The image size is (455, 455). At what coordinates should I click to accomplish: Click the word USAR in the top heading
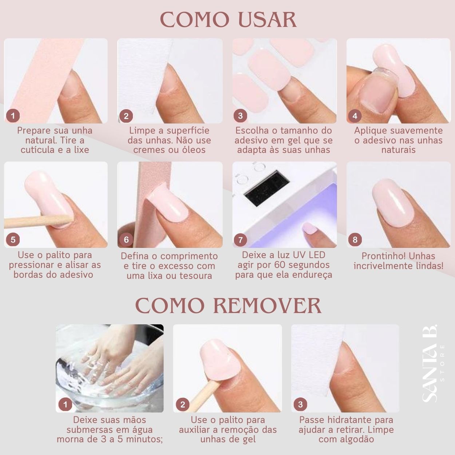click(x=267, y=20)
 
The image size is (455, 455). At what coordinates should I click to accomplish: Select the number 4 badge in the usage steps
click(x=355, y=116)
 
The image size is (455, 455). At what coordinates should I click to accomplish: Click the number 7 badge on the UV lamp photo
click(x=240, y=240)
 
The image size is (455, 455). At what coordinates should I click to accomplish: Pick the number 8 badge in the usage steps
click(x=355, y=240)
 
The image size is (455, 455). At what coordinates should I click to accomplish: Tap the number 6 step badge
click(x=126, y=240)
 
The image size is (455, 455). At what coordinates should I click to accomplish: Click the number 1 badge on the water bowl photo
click(x=65, y=405)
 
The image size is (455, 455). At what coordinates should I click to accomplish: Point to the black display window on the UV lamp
click(x=266, y=188)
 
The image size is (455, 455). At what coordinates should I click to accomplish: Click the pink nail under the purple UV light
click(x=310, y=228)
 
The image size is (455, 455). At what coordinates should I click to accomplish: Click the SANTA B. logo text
click(x=429, y=363)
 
